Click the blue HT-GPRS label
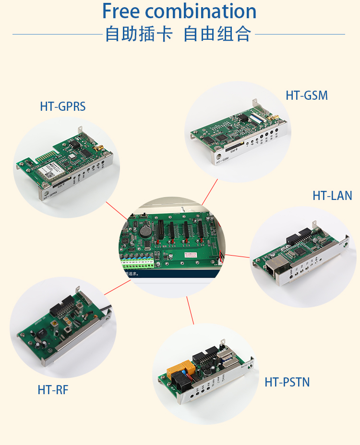coord(63,106)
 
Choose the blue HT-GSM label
coord(307,95)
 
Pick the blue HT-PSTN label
coord(287,382)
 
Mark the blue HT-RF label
coord(53,390)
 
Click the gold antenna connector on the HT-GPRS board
coord(96,149)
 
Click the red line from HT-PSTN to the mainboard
coord(191,311)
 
